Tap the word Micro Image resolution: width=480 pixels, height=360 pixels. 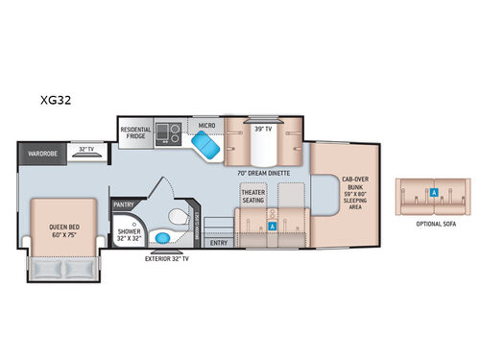206,125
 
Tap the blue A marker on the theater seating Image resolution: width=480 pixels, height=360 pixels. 274,226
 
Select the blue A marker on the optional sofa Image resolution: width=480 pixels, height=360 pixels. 434,192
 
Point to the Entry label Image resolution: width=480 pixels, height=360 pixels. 218,242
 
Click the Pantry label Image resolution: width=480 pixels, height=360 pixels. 123,204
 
